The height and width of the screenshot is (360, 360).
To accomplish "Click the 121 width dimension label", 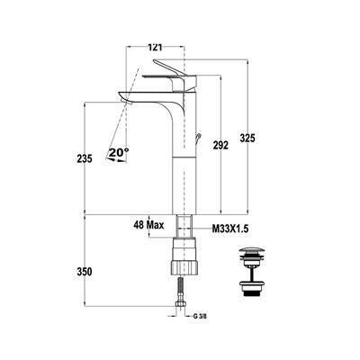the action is click(155, 47).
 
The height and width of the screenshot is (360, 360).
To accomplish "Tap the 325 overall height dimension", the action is click(247, 139).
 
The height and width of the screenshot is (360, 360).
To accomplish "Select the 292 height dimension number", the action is click(220, 145).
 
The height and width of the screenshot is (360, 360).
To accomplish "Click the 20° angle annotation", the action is click(118, 152).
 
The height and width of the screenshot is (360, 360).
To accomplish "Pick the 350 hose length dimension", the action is click(85, 272).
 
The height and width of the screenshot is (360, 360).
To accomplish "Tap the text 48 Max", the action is click(148, 225).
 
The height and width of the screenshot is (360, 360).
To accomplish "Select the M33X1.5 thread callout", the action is click(230, 229).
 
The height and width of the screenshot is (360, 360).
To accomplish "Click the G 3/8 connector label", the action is click(200, 316).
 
